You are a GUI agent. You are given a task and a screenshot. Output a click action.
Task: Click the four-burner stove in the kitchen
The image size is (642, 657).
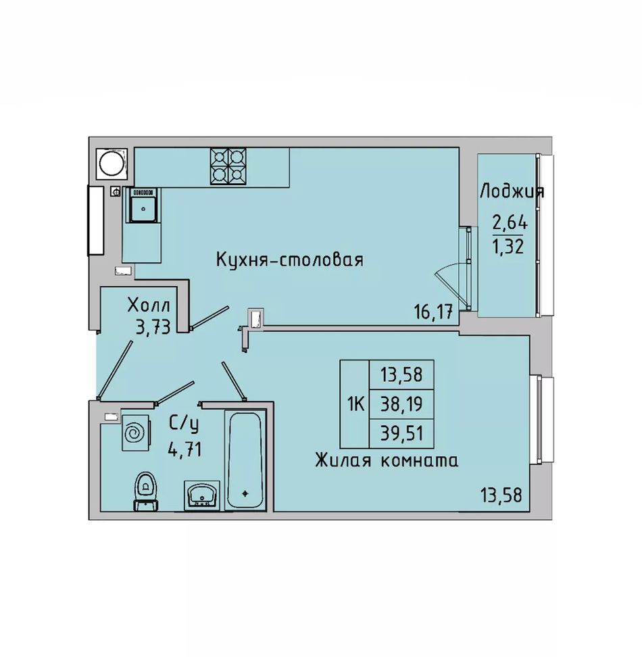tap(228, 166)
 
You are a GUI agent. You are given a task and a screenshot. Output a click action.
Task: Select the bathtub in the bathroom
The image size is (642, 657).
tap(245, 460)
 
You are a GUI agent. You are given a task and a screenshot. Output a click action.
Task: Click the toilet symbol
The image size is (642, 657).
tap(145, 491)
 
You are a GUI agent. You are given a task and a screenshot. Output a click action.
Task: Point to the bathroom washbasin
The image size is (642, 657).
tap(202, 495)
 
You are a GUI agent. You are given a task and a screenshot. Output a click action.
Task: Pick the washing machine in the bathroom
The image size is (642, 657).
tap(135, 433)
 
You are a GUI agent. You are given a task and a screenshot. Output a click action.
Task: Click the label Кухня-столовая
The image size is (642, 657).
tap(290, 260)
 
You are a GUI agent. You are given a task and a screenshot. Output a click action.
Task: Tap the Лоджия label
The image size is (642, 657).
tap(512, 191)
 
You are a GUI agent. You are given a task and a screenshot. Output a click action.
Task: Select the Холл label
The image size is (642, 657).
tap(149, 306)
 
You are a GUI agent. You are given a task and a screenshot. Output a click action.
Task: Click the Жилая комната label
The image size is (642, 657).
tap(387, 460)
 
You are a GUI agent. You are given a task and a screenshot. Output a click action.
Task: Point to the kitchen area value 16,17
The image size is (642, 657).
tap(433, 312)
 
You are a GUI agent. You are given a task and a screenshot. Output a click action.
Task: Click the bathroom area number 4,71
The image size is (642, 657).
tap(184, 450)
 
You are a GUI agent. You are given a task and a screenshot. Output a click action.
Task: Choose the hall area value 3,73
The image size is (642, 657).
tap(153, 327)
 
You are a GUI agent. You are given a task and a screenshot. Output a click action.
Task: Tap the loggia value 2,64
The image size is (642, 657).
tap(510, 222)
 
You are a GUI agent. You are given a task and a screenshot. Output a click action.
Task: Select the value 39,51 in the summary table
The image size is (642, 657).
tap(401, 433)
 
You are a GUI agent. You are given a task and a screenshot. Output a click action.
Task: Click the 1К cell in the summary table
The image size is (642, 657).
tap(355, 404)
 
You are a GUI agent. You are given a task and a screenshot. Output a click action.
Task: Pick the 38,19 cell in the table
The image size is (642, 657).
tap(401, 404)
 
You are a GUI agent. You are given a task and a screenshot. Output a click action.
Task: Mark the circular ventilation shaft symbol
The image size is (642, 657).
tap(111, 164)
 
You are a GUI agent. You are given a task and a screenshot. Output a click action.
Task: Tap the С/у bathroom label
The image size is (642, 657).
tap(184, 424)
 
